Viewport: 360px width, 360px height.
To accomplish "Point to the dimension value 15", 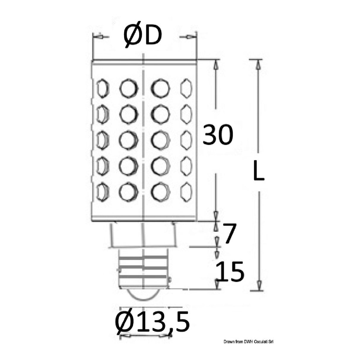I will (230, 271).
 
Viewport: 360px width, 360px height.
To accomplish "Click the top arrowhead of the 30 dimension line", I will (216, 65).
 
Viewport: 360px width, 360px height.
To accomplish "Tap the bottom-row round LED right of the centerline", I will (160, 192).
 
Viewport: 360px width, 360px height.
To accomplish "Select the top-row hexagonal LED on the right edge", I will (186, 88).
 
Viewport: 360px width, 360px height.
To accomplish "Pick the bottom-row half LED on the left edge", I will (102, 192).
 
